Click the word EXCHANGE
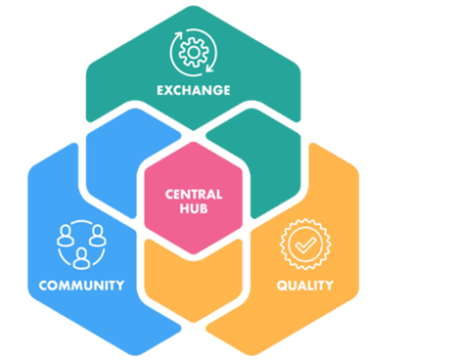(x=193, y=90)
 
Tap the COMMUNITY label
(x=81, y=286)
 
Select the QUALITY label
(x=303, y=286)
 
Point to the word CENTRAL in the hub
(x=194, y=194)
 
